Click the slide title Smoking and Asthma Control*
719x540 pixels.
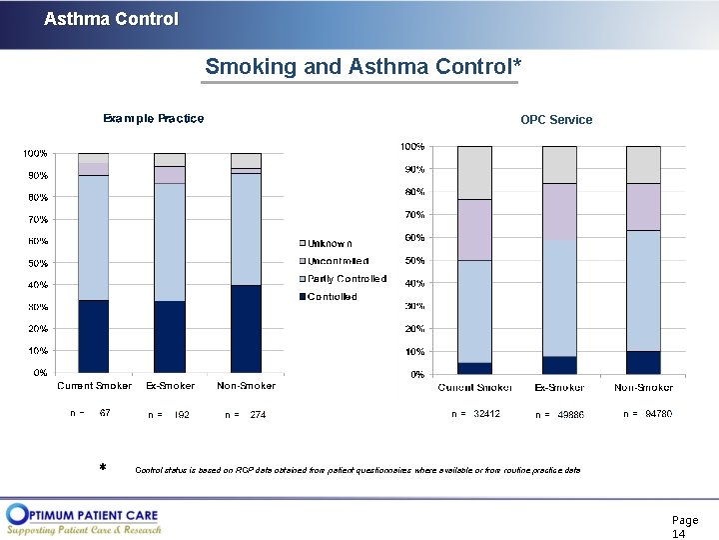coord(362,67)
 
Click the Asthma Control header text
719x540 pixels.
coord(111,19)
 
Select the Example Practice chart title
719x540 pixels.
coord(153,118)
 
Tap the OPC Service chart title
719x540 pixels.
coord(556,120)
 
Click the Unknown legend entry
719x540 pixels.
coord(330,243)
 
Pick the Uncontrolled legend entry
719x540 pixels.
coord(338,261)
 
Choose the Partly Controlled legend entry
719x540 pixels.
coord(346,279)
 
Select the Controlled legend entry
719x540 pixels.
coord(332,297)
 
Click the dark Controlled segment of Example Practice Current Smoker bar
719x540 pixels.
coord(93,336)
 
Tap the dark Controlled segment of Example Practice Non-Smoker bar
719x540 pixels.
coord(246,329)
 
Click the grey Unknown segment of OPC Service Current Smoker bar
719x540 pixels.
coord(474,172)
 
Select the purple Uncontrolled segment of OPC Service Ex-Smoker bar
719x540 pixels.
coord(559,211)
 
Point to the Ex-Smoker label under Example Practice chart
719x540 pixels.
coord(170,385)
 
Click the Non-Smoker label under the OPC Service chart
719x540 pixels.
coord(643,387)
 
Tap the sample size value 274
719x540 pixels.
coord(258,414)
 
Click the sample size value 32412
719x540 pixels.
coord(486,413)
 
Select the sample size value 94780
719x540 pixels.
coord(658,413)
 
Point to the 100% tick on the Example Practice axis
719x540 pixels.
coord(35,154)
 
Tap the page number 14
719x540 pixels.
coord(679,534)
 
